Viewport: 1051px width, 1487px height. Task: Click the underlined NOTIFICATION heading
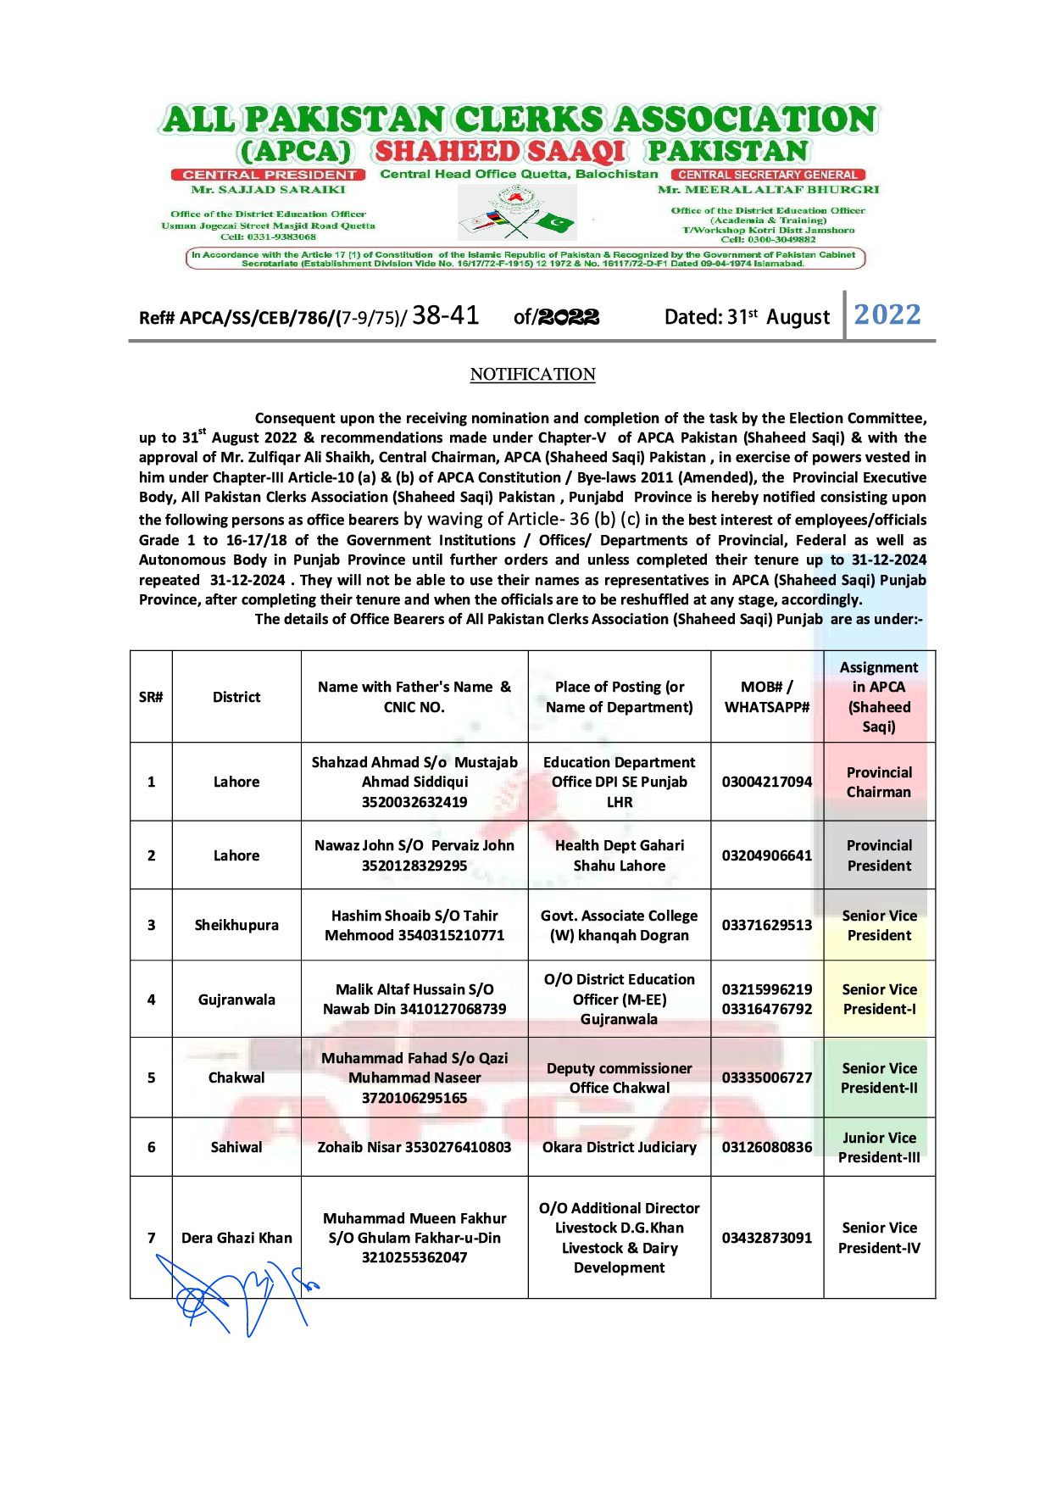click(x=532, y=374)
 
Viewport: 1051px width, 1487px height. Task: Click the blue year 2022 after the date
click(x=887, y=315)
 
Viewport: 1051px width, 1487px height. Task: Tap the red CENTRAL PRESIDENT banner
click(x=268, y=175)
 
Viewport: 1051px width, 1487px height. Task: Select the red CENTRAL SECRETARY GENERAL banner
click(x=767, y=175)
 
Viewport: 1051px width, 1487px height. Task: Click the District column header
click(x=236, y=697)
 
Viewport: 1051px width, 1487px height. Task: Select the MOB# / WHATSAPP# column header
click(x=767, y=697)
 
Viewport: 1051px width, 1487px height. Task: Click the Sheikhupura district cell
click(x=236, y=925)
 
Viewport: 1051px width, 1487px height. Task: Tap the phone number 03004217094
click(x=767, y=782)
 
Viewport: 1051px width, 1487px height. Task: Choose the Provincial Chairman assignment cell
click(x=879, y=782)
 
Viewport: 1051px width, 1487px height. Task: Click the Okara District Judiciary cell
click(x=620, y=1147)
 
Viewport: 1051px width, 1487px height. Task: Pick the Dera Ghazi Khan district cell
click(x=236, y=1238)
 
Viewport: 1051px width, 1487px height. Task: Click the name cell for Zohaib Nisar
click(x=414, y=1147)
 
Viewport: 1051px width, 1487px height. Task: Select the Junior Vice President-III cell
click(x=879, y=1147)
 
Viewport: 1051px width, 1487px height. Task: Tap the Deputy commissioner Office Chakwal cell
click(x=620, y=1078)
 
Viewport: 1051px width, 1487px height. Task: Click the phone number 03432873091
click(x=767, y=1238)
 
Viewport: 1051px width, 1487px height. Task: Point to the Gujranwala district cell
click(x=236, y=1000)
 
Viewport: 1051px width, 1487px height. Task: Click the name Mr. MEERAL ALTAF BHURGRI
click(x=768, y=190)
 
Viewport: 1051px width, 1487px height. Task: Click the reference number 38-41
click(x=446, y=315)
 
